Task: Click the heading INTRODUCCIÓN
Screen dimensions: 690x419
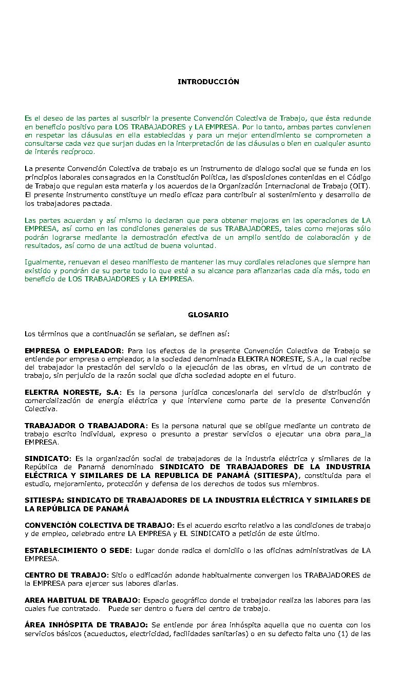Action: click(x=208, y=82)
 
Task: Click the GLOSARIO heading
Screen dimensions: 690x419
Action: click(x=208, y=315)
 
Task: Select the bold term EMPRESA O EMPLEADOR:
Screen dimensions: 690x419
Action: click(x=74, y=351)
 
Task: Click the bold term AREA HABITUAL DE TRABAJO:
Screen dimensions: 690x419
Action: click(x=82, y=601)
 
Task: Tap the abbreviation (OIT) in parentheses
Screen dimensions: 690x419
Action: click(x=360, y=186)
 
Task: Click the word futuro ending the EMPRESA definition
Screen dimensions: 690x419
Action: click(x=285, y=376)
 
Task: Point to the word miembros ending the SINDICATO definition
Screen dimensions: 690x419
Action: click(x=303, y=484)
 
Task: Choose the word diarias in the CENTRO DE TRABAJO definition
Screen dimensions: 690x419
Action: click(x=165, y=584)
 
